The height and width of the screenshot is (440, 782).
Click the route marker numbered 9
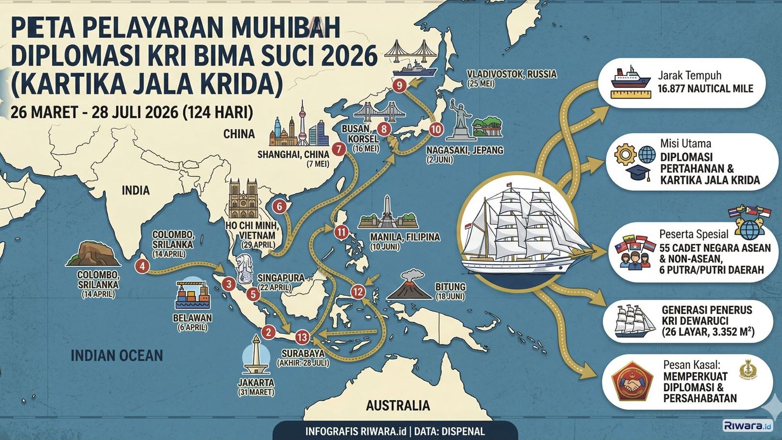399,86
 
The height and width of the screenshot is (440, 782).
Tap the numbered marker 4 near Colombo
142,266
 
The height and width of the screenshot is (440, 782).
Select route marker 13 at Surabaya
302,337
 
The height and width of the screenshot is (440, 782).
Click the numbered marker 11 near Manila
341,232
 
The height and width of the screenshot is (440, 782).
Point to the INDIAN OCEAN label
117,355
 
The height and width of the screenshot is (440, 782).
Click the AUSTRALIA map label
398,405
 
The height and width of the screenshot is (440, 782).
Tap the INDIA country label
135,190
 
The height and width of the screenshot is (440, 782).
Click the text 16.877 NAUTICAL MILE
705,89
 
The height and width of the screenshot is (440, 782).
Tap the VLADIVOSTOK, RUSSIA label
512,74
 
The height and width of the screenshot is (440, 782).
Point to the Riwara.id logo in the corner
747,426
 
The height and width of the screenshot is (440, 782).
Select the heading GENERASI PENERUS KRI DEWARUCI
706,315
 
